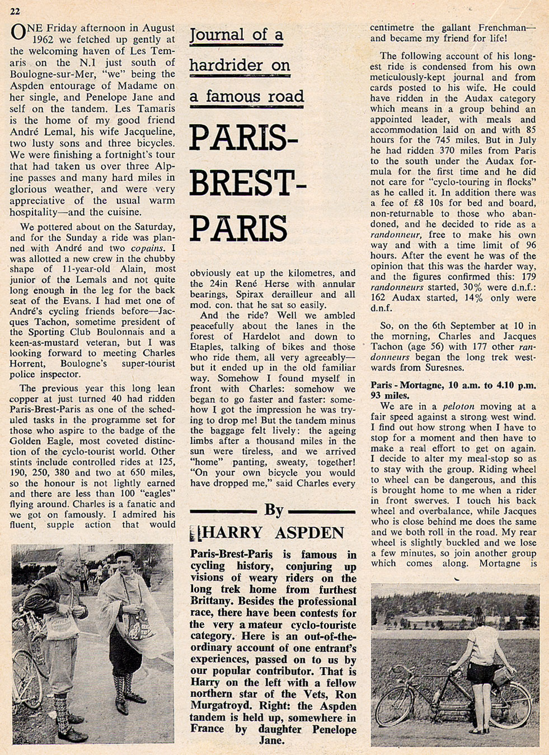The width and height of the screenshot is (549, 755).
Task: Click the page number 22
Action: (x=16, y=11)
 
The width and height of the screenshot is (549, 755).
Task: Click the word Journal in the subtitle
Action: (x=217, y=36)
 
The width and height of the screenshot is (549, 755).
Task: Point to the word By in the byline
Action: (x=274, y=509)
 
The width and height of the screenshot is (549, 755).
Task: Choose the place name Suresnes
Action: (x=446, y=368)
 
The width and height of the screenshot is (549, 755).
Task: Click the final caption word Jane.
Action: (x=273, y=740)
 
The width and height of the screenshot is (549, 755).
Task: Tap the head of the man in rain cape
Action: (x=124, y=561)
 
